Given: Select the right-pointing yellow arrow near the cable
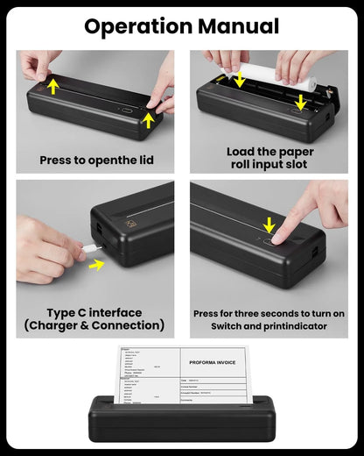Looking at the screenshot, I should (x=95, y=264).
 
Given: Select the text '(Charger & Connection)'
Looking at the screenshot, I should (x=94, y=325).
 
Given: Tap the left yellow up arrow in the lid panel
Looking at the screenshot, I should (x=54, y=86).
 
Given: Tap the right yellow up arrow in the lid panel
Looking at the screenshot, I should (x=149, y=118).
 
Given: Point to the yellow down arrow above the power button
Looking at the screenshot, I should (x=269, y=224).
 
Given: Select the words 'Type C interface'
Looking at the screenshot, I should (x=94, y=312).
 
